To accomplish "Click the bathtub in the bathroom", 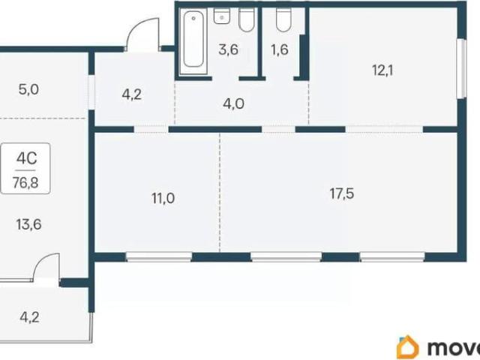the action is (193, 41).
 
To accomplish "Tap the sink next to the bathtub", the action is (222, 16).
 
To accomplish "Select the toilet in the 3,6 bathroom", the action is (247, 19).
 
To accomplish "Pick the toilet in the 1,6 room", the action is (283, 19).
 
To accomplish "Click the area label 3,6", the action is (228, 49).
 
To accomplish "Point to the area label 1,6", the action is (280, 49).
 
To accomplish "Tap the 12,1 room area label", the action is (382, 70).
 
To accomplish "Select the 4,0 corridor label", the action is (233, 103).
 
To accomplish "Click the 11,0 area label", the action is (163, 198).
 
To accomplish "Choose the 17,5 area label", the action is (342, 193).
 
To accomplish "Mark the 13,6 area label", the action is (28, 225).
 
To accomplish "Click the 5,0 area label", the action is (28, 90).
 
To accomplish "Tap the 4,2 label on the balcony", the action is (29, 317).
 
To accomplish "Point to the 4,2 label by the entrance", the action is (132, 95).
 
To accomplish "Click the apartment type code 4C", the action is (27, 158).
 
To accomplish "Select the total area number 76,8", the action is (25, 183).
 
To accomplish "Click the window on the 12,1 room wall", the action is (461, 68).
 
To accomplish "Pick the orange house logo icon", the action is (408, 347).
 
